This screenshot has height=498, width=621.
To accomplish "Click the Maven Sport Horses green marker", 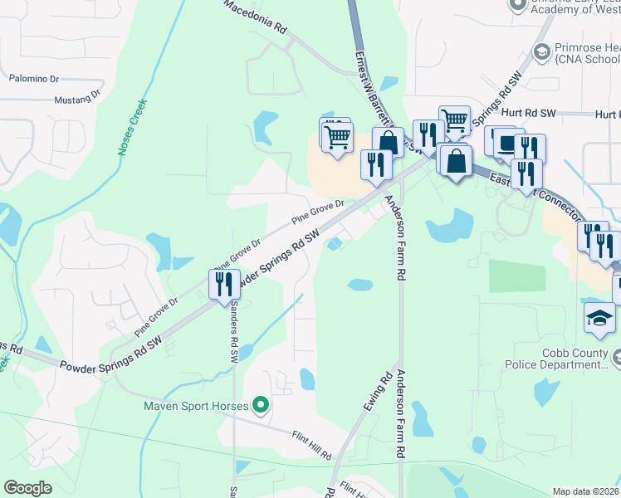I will [261, 406].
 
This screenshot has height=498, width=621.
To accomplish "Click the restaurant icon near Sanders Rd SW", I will [224, 284].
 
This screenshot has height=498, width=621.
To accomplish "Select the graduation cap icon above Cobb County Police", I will [599, 319].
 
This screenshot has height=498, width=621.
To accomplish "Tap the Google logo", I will [27, 487].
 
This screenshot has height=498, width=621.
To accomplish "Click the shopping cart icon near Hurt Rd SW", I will [453, 120].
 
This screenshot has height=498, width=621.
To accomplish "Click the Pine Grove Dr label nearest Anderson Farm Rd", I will [316, 212].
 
